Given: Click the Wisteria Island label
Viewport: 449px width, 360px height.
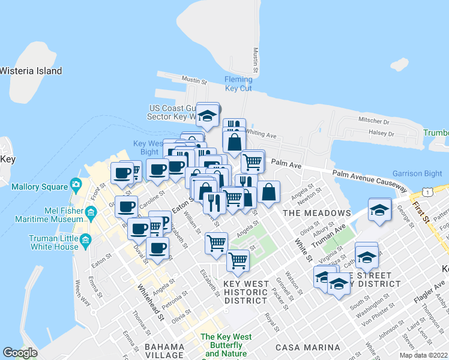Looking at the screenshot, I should (31, 71).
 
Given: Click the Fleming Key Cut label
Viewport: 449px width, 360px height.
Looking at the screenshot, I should (238, 83).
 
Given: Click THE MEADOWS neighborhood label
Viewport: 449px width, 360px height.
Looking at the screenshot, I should (316, 213).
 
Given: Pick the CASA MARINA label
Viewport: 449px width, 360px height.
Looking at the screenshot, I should (307, 347).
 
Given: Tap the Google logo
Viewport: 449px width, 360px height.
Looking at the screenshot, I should (20, 353).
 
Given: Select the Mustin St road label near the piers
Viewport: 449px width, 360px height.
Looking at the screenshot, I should (194, 79).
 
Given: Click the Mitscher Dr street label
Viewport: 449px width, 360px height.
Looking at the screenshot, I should (374, 121).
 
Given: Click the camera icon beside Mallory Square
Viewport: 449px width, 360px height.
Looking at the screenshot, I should (76, 184).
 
